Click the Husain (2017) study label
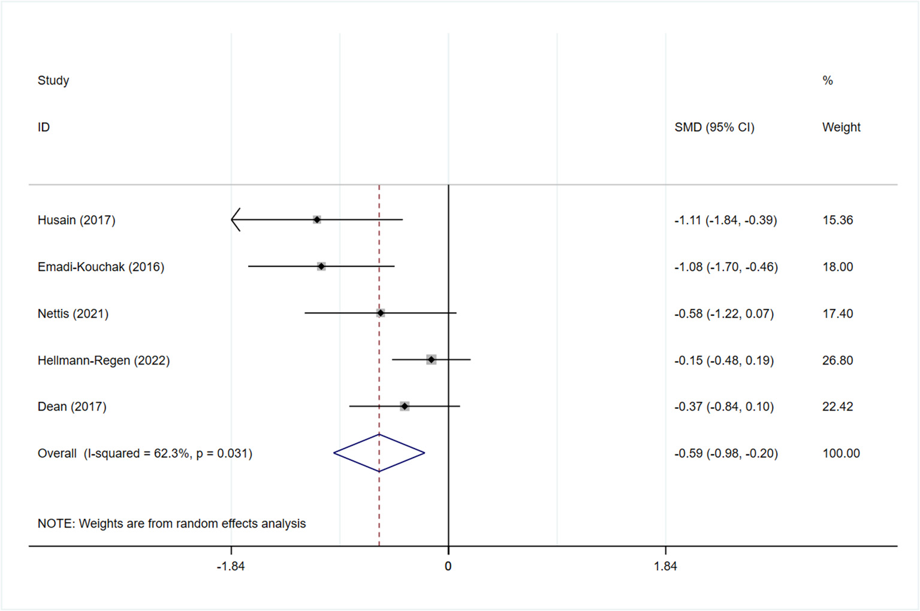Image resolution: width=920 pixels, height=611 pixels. pyautogui.click(x=76, y=220)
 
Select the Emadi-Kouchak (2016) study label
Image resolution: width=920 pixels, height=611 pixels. pyautogui.click(x=101, y=267)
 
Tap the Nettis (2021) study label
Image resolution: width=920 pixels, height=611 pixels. pyautogui.click(x=73, y=314)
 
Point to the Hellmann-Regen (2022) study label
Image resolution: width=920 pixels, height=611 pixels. pyautogui.click(x=104, y=360)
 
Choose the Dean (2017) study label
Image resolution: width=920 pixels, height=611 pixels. pyautogui.click(x=72, y=407)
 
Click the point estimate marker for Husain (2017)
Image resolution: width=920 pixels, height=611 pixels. pyautogui.click(x=317, y=220)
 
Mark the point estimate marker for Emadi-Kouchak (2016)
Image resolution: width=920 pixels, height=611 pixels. pyautogui.click(x=321, y=266)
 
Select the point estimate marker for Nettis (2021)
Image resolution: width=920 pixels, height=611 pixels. pyautogui.click(x=381, y=313)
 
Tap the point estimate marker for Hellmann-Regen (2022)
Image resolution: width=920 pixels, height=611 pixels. pyautogui.click(x=432, y=360)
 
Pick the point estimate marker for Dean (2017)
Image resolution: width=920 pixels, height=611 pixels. pyautogui.click(x=405, y=407)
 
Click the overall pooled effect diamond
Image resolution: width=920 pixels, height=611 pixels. pyautogui.click(x=379, y=453)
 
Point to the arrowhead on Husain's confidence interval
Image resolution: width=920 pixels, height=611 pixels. pyautogui.click(x=236, y=220)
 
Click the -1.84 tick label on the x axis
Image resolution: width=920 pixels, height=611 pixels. pyautogui.click(x=231, y=566)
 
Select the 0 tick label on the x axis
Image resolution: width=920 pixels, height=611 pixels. pyautogui.click(x=448, y=566)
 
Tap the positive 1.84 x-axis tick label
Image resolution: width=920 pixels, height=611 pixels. pyautogui.click(x=665, y=566)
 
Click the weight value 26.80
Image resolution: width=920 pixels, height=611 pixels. pyautogui.click(x=837, y=360)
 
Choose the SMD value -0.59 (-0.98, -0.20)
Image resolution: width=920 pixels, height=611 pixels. pyautogui.click(x=726, y=453)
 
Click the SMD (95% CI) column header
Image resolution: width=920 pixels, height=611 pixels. pyautogui.click(x=714, y=127)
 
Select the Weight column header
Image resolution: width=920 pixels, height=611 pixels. pyautogui.click(x=841, y=127)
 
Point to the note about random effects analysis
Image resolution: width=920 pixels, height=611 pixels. pyautogui.click(x=171, y=523)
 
